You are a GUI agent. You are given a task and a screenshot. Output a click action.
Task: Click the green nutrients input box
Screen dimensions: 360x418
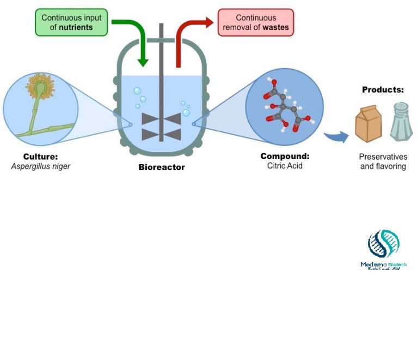point(72,22)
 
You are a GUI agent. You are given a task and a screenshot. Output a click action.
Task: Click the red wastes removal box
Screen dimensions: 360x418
point(255,22)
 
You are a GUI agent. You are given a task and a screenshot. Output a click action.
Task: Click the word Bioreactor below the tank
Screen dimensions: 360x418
point(162,167)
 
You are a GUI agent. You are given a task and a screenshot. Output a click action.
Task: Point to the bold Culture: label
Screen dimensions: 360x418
point(40,156)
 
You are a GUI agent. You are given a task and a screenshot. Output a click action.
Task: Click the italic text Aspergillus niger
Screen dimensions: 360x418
point(41,166)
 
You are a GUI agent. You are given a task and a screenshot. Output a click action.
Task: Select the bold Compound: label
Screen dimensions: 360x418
point(285,156)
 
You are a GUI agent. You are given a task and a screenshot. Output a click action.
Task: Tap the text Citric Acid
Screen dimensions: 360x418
point(285,165)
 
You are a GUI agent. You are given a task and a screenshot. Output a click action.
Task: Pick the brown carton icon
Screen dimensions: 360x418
point(368,123)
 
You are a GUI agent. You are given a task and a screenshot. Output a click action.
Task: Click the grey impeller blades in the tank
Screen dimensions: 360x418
point(161,127)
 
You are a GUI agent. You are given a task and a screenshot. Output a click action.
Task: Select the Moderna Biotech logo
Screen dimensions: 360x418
point(383,249)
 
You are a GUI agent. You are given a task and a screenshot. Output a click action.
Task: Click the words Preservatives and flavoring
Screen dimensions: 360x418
point(383,161)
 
